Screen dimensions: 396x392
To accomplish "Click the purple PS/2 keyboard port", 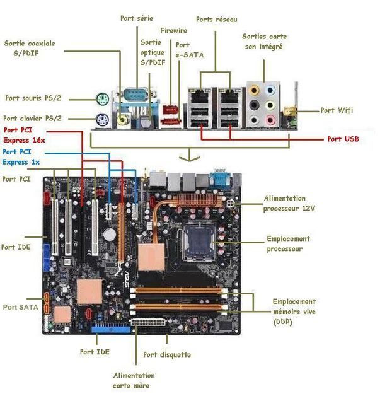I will pyautogui.click(x=102, y=118).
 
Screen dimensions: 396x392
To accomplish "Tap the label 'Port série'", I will pyautogui.click(x=137, y=18).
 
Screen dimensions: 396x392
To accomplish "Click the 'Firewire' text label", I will pyautogui.click(x=173, y=30).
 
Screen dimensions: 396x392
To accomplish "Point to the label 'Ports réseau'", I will pyautogui.click(x=217, y=20).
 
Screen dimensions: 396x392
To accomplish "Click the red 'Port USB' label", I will pyautogui.click(x=343, y=139).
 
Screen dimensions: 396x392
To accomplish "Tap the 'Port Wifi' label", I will pyautogui.click(x=337, y=110).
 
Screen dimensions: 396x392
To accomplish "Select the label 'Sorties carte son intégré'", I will pyautogui.click(x=264, y=42).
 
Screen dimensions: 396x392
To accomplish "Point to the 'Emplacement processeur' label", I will pyautogui.click(x=288, y=243).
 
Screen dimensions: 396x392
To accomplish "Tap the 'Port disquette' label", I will pyautogui.click(x=167, y=355).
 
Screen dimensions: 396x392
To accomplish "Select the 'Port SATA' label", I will pyautogui.click(x=20, y=307).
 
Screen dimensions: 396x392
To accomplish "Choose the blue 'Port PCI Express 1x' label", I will pyautogui.click(x=21, y=157).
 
